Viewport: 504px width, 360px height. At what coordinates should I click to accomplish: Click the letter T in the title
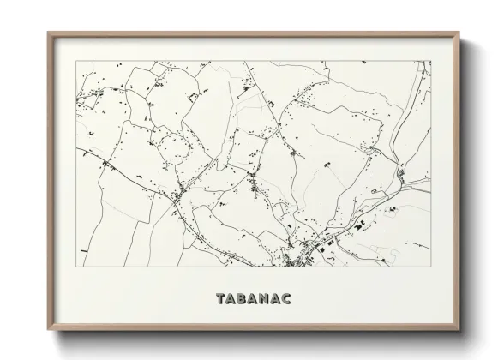coord(221,300)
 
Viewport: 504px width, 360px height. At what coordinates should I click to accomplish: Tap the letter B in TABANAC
coord(242,300)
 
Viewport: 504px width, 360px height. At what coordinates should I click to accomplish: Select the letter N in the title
coord(263,300)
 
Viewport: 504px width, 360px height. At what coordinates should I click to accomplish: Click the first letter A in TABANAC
coord(231,300)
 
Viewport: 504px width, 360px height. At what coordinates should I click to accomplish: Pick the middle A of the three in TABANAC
coord(252,300)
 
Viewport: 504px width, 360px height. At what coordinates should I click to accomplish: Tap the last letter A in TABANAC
coord(274,300)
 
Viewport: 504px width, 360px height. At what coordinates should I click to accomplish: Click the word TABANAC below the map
coord(253,300)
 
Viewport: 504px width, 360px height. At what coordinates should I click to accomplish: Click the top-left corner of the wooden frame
coord(48,33)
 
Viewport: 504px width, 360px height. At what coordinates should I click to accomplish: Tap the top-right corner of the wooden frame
coord(461,33)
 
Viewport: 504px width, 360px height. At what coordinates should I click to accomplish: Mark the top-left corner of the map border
coord(77,61)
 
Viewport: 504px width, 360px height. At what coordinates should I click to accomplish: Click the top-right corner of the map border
coord(431,61)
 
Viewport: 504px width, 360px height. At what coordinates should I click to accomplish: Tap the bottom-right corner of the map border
coord(431,266)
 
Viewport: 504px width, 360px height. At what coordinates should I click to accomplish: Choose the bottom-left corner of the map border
coord(77,266)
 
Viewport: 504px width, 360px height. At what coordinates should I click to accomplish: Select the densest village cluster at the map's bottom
coord(304,251)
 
